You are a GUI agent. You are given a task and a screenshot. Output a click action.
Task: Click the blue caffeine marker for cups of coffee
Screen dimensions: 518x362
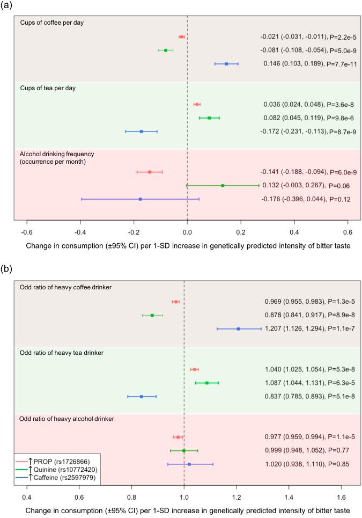click(226, 64)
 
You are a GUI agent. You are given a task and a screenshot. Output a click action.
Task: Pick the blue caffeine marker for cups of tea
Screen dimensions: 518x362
click(142, 131)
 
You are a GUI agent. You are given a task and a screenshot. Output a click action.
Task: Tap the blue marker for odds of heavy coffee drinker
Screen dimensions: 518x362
click(238, 329)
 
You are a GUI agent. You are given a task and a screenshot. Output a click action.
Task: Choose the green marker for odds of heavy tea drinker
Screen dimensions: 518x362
click(207, 383)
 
